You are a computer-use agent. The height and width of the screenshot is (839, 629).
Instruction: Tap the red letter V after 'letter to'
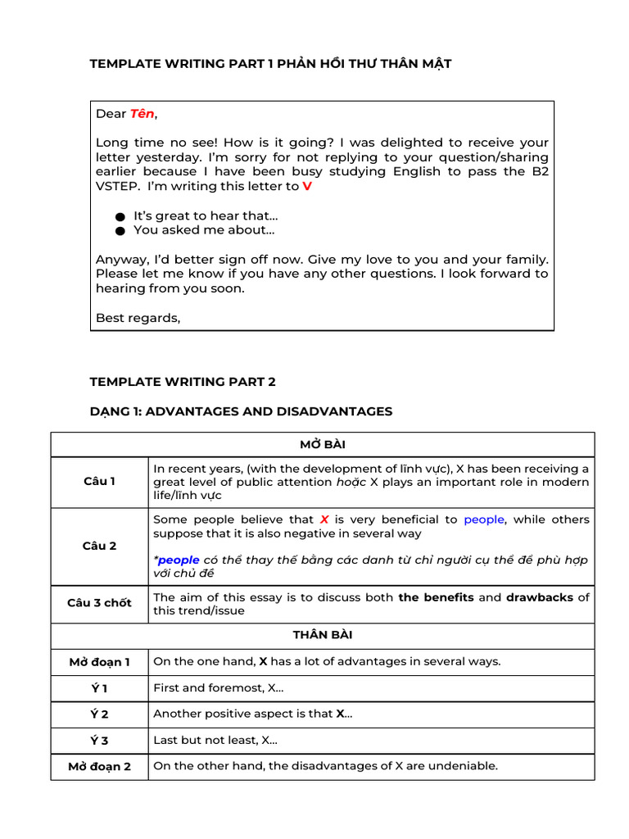pyautogui.click(x=307, y=186)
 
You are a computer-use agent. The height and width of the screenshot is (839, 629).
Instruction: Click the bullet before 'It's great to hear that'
pyautogui.click(x=120, y=216)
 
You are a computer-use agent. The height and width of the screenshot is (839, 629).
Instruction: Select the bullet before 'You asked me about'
pyautogui.click(x=120, y=230)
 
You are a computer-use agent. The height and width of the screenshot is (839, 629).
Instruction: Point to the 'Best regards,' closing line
pyautogui.click(x=138, y=318)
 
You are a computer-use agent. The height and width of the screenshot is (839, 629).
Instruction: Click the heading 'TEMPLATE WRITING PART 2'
pyautogui.click(x=183, y=382)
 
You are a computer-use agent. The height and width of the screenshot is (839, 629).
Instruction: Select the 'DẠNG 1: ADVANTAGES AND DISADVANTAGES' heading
pyautogui.click(x=241, y=411)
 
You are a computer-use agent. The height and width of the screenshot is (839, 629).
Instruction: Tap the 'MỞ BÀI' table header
pyautogui.click(x=323, y=444)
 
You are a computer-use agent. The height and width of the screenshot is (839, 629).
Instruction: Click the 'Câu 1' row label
pyautogui.click(x=99, y=482)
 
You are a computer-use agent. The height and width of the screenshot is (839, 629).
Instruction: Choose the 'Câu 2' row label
pyautogui.click(x=99, y=546)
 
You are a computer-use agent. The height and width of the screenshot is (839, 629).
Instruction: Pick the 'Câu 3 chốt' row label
pyautogui.click(x=99, y=603)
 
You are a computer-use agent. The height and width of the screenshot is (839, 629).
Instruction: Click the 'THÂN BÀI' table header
pyautogui.click(x=323, y=635)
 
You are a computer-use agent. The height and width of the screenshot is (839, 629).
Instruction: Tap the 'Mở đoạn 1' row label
pyautogui.click(x=99, y=661)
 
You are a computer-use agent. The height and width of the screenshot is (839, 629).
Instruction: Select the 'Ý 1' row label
pyautogui.click(x=99, y=688)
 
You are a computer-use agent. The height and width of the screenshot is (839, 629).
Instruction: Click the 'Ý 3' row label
pyautogui.click(x=99, y=741)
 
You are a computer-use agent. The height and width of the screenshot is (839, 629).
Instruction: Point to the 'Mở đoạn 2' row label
pyautogui.click(x=99, y=767)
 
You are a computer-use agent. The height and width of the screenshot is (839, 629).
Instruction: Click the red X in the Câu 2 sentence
pyautogui.click(x=324, y=519)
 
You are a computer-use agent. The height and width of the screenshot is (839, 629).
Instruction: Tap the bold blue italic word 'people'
pyautogui.click(x=179, y=560)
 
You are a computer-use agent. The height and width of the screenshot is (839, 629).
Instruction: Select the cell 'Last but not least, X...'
pyautogui.click(x=215, y=740)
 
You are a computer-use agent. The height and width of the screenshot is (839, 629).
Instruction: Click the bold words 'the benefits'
pyautogui.click(x=436, y=597)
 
